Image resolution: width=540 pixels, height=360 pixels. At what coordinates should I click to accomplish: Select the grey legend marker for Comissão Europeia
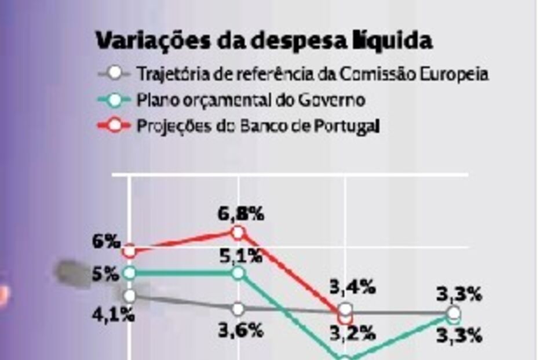(x=115, y=74)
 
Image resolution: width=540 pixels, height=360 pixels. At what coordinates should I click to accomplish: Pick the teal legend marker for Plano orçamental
(x=115, y=100)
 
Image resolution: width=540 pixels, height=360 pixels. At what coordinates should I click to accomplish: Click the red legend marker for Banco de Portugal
(x=115, y=125)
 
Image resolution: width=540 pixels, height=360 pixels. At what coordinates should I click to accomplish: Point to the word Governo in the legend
(x=333, y=100)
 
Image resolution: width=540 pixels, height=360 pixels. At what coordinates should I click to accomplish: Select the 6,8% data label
(x=241, y=213)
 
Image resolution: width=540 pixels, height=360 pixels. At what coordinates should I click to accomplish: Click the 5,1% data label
(x=241, y=254)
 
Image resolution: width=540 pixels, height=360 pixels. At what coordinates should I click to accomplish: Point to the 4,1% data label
(x=114, y=316)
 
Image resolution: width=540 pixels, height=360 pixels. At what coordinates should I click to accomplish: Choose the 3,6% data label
(x=241, y=331)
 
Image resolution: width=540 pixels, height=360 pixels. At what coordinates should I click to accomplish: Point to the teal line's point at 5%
(x=130, y=272)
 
